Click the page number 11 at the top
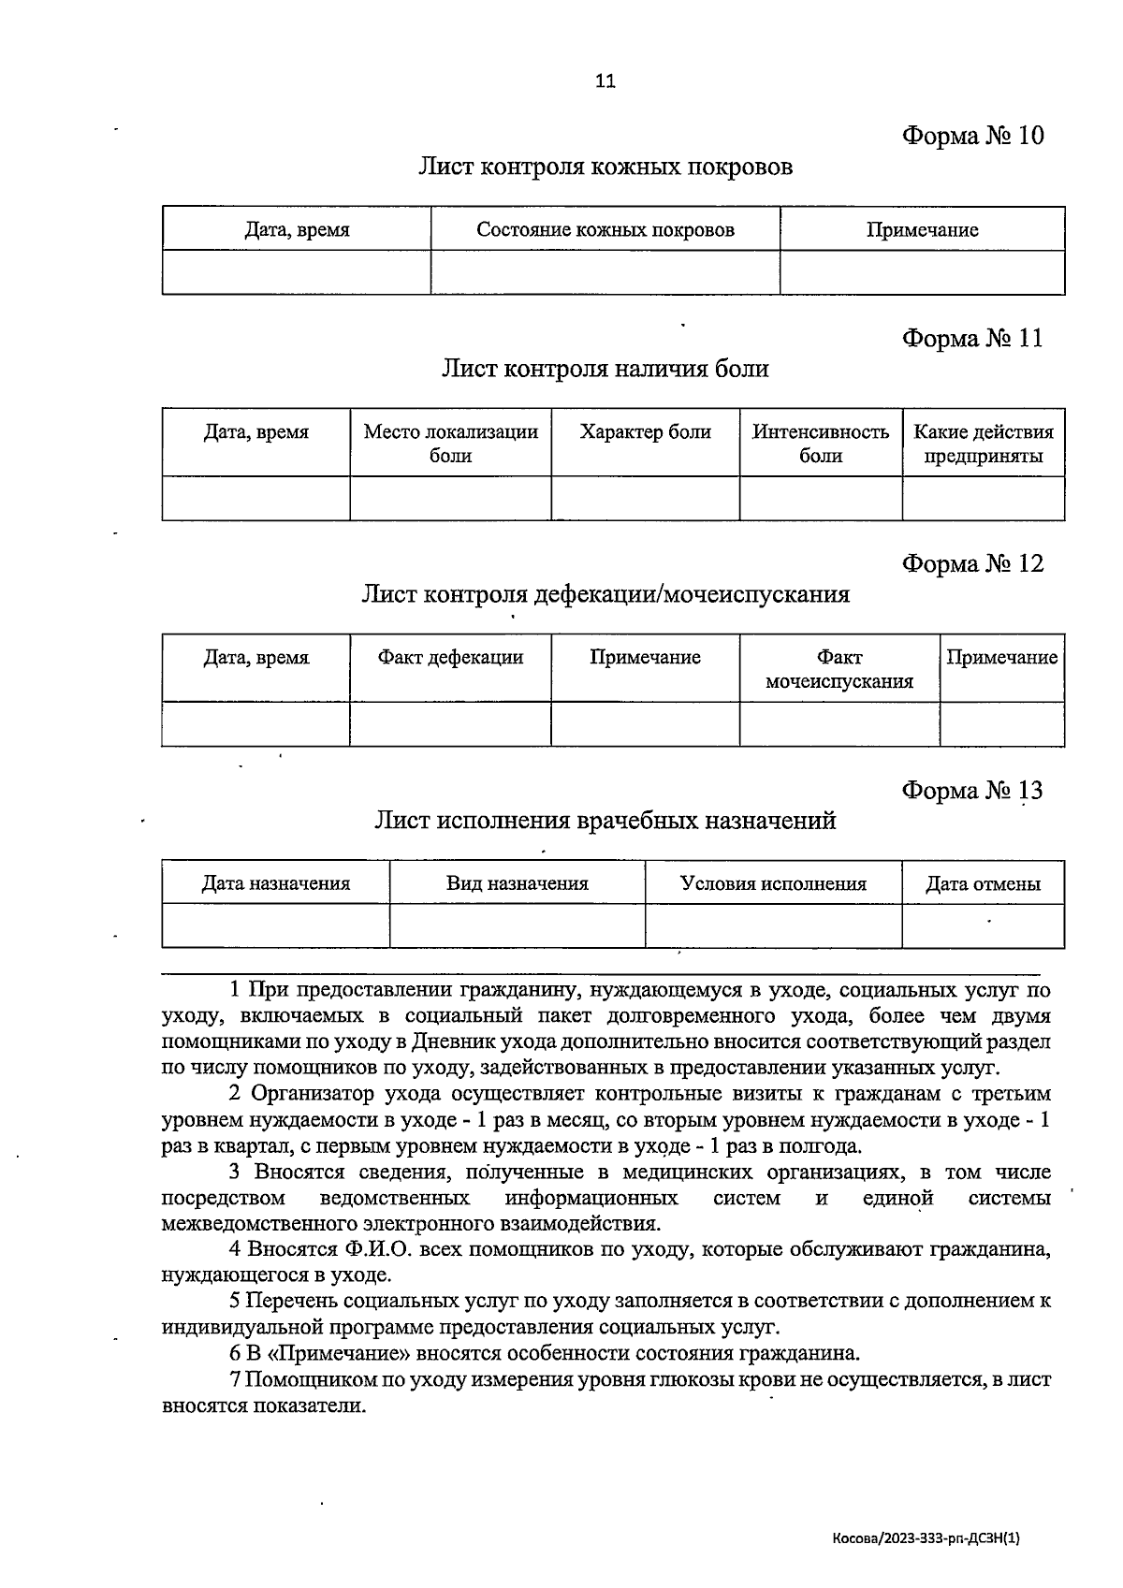[605, 81]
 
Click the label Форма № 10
[972, 136]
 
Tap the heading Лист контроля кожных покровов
[605, 167]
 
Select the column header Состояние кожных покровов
[605, 229]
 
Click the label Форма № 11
[972, 338]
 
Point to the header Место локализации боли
[450, 444]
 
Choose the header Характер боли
[645, 432]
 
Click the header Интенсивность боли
[821, 444]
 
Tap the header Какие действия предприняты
[983, 444]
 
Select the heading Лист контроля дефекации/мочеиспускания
[605, 594]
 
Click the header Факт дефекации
[450, 657]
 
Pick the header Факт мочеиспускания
[839, 669]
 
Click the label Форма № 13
[972, 791]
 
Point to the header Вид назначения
[517, 883]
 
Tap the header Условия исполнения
[773, 883]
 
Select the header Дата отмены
[983, 883]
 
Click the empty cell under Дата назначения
[275, 925]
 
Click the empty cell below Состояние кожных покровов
[605, 272]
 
